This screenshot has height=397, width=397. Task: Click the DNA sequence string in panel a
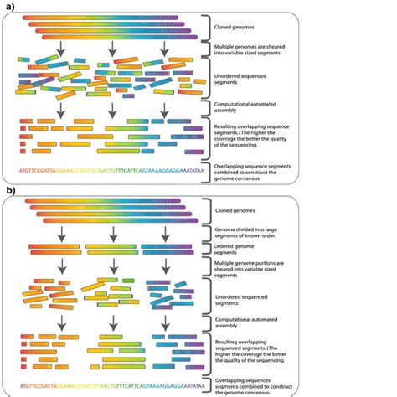(106, 171)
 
